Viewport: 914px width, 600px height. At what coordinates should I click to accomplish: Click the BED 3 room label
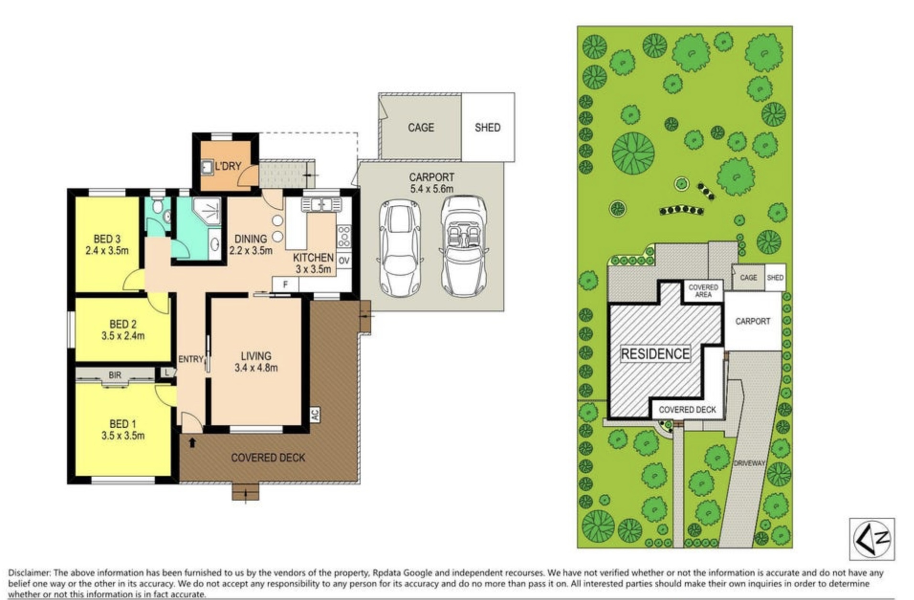(107, 239)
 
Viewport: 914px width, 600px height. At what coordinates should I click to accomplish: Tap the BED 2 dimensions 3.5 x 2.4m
(123, 336)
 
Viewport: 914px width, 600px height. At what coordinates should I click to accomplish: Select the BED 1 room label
(122, 424)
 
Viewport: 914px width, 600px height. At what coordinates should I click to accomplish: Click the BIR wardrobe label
(115, 375)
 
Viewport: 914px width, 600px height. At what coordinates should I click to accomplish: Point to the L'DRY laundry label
(228, 167)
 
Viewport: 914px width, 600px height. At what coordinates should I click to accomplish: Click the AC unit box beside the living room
(315, 414)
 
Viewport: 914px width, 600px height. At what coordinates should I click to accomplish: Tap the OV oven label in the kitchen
(343, 261)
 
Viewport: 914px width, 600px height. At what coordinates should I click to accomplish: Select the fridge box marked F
(286, 284)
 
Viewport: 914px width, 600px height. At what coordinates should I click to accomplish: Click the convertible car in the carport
(463, 246)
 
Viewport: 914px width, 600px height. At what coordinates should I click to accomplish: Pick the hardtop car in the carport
(400, 248)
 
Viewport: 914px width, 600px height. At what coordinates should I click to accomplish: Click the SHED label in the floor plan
(487, 128)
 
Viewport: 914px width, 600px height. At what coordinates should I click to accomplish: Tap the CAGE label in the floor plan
(421, 128)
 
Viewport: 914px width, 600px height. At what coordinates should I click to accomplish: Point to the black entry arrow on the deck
(192, 443)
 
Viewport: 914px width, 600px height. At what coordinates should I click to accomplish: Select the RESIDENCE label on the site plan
(655, 354)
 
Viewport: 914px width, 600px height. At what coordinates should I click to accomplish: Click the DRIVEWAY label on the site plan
(749, 463)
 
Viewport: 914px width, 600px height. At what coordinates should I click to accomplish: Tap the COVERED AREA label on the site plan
(703, 291)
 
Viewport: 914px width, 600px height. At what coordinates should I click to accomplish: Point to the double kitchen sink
(321, 205)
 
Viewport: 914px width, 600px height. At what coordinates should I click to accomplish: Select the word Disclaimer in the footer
(29, 573)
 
